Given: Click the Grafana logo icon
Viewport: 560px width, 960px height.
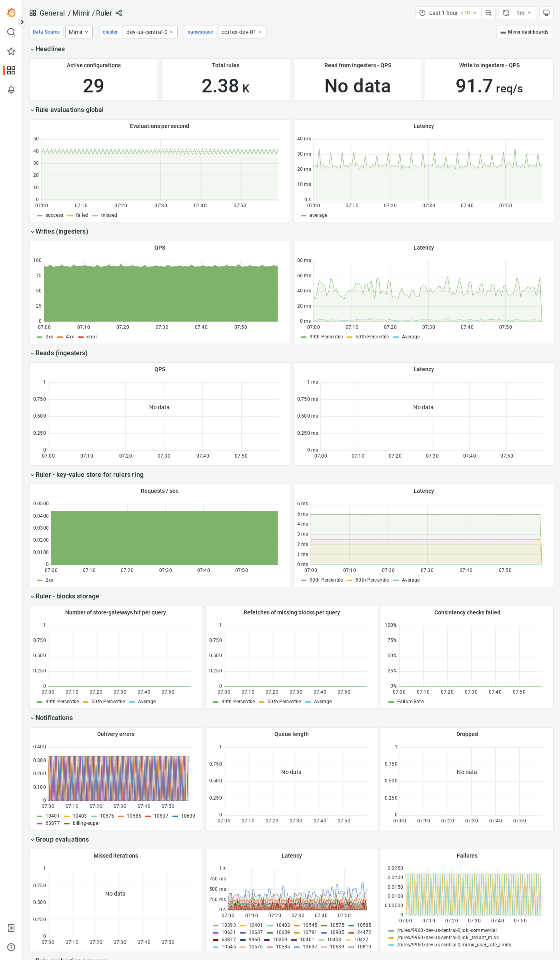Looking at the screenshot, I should [11, 13].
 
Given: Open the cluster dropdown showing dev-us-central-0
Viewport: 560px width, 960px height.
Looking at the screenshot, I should [150, 32].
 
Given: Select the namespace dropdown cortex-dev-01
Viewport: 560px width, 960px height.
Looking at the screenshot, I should [242, 32].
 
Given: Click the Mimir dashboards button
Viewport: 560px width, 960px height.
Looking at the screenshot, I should [524, 32].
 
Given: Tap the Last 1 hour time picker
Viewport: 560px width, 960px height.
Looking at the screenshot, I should [448, 13].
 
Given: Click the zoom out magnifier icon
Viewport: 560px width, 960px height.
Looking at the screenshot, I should [488, 13].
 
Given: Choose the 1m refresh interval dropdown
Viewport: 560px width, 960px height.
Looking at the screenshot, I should [523, 13].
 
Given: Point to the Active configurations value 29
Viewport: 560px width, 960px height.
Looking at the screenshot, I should [94, 86].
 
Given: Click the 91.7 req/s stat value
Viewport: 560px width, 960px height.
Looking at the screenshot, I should [489, 86].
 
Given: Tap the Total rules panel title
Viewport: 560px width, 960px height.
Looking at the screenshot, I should [226, 65].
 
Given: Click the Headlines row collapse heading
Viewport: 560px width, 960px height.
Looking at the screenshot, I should [50, 49].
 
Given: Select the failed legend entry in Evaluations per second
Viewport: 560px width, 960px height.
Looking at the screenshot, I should [82, 215].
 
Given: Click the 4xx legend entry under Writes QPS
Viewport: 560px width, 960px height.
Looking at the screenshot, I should [70, 337].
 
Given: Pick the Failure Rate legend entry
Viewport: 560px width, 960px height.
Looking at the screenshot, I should [410, 702].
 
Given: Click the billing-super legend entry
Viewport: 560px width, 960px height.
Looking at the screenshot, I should [86, 823].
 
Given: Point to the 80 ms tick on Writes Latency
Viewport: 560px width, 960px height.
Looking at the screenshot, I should [304, 260].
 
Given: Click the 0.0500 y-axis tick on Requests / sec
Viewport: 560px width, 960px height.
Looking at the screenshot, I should [41, 504].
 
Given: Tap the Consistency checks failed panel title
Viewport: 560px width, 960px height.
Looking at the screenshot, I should [467, 612].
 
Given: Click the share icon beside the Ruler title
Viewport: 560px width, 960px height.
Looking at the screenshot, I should [119, 13].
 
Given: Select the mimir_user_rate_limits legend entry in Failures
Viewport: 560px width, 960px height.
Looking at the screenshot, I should [454, 945].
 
